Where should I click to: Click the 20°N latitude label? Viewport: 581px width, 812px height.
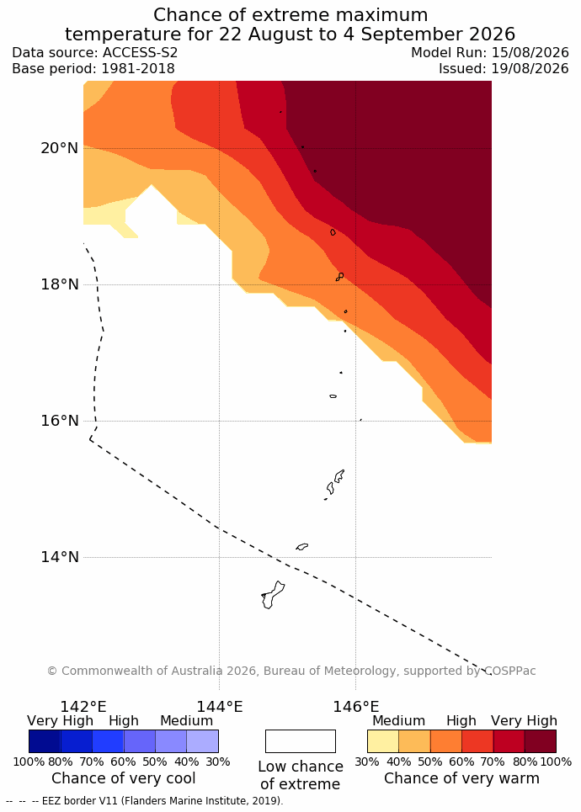pos(60,148)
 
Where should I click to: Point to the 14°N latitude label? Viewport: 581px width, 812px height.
pos(60,557)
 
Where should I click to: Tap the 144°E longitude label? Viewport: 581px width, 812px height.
pos(219,706)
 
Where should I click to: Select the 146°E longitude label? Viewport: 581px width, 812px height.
pos(355,706)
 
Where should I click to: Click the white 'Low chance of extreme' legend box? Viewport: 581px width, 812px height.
pos(301,741)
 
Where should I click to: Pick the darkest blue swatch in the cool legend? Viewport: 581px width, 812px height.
pos(45,741)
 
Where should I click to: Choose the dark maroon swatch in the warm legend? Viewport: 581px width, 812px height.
pos(541,741)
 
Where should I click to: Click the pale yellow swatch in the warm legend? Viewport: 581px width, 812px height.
pos(383,741)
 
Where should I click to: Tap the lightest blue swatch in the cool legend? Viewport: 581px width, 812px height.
pos(202,741)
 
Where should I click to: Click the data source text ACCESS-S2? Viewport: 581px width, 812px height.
pos(140,52)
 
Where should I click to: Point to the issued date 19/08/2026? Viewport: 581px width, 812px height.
pos(530,68)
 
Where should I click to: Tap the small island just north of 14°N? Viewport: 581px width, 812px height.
pos(302,546)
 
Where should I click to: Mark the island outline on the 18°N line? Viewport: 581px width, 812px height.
pos(340,277)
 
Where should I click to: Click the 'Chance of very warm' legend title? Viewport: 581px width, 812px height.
pos(461,778)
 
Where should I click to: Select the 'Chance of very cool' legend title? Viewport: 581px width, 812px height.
pos(123,778)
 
